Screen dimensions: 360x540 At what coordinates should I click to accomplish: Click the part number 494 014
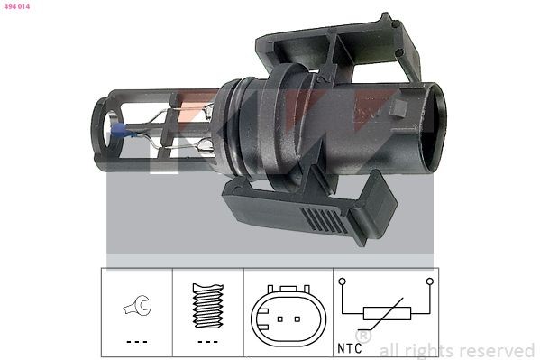17,5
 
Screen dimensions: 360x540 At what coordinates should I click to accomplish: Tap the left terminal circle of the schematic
343,282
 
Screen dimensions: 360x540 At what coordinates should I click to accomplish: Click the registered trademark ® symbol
364,336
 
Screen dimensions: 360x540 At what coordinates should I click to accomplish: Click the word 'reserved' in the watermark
496,350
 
